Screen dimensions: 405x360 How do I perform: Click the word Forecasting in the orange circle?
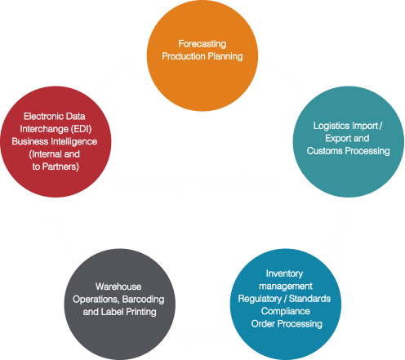coord(202,44)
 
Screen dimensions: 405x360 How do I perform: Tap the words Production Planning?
coord(202,56)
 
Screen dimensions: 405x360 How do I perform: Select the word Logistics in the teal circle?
coord(332,126)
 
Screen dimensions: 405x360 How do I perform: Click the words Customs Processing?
coord(349,151)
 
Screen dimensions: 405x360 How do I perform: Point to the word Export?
coord(337,138)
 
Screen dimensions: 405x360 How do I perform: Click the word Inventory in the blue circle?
coord(284,273)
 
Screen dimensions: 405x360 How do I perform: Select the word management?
coord(286,287)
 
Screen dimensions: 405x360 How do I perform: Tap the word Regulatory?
coord(260,299)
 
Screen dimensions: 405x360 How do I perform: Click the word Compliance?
coord(286,311)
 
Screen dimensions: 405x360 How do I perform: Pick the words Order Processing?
coord(287,324)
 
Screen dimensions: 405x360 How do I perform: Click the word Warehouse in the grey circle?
coord(118,287)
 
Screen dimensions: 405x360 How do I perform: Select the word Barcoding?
coord(143,300)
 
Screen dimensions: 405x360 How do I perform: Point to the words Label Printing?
coord(128,312)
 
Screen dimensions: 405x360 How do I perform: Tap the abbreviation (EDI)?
coord(81,129)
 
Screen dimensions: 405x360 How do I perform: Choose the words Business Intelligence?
coord(55,141)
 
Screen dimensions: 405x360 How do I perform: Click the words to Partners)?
coord(56,167)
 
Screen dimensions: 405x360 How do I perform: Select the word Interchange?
coord(44,129)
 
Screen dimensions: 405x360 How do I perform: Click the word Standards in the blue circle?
coord(309,299)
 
